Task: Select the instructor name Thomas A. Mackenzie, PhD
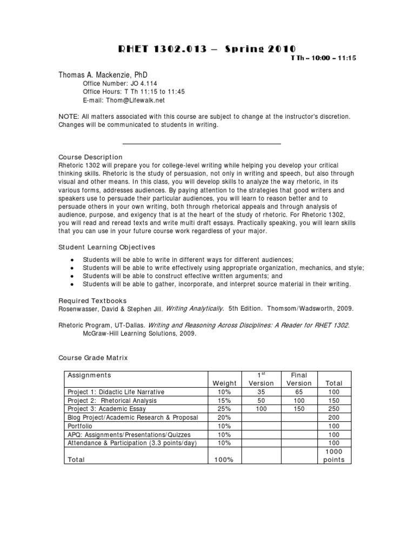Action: click(103, 74)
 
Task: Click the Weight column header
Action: click(225, 383)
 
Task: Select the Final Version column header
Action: click(299, 379)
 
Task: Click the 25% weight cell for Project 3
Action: click(225, 409)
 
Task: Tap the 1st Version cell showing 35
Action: click(261, 392)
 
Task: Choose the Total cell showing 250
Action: click(334, 409)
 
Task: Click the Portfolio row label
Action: click(79, 426)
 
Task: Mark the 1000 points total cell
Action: click(334, 456)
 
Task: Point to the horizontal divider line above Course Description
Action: click(202, 144)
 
